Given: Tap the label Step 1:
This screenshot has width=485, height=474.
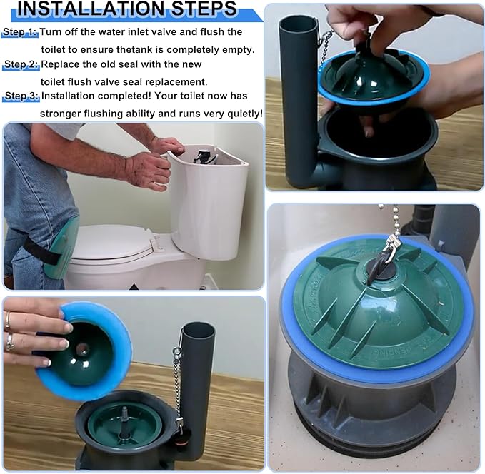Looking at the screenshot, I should pyautogui.click(x=19, y=33).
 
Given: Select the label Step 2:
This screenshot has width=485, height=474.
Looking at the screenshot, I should pyautogui.click(x=19, y=65).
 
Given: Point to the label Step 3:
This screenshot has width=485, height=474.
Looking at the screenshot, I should pyautogui.click(x=21, y=96).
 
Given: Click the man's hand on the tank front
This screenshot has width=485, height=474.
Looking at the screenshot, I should pyautogui.click(x=147, y=171).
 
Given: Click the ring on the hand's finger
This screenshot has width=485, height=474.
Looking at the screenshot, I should pyautogui.click(x=9, y=341).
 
